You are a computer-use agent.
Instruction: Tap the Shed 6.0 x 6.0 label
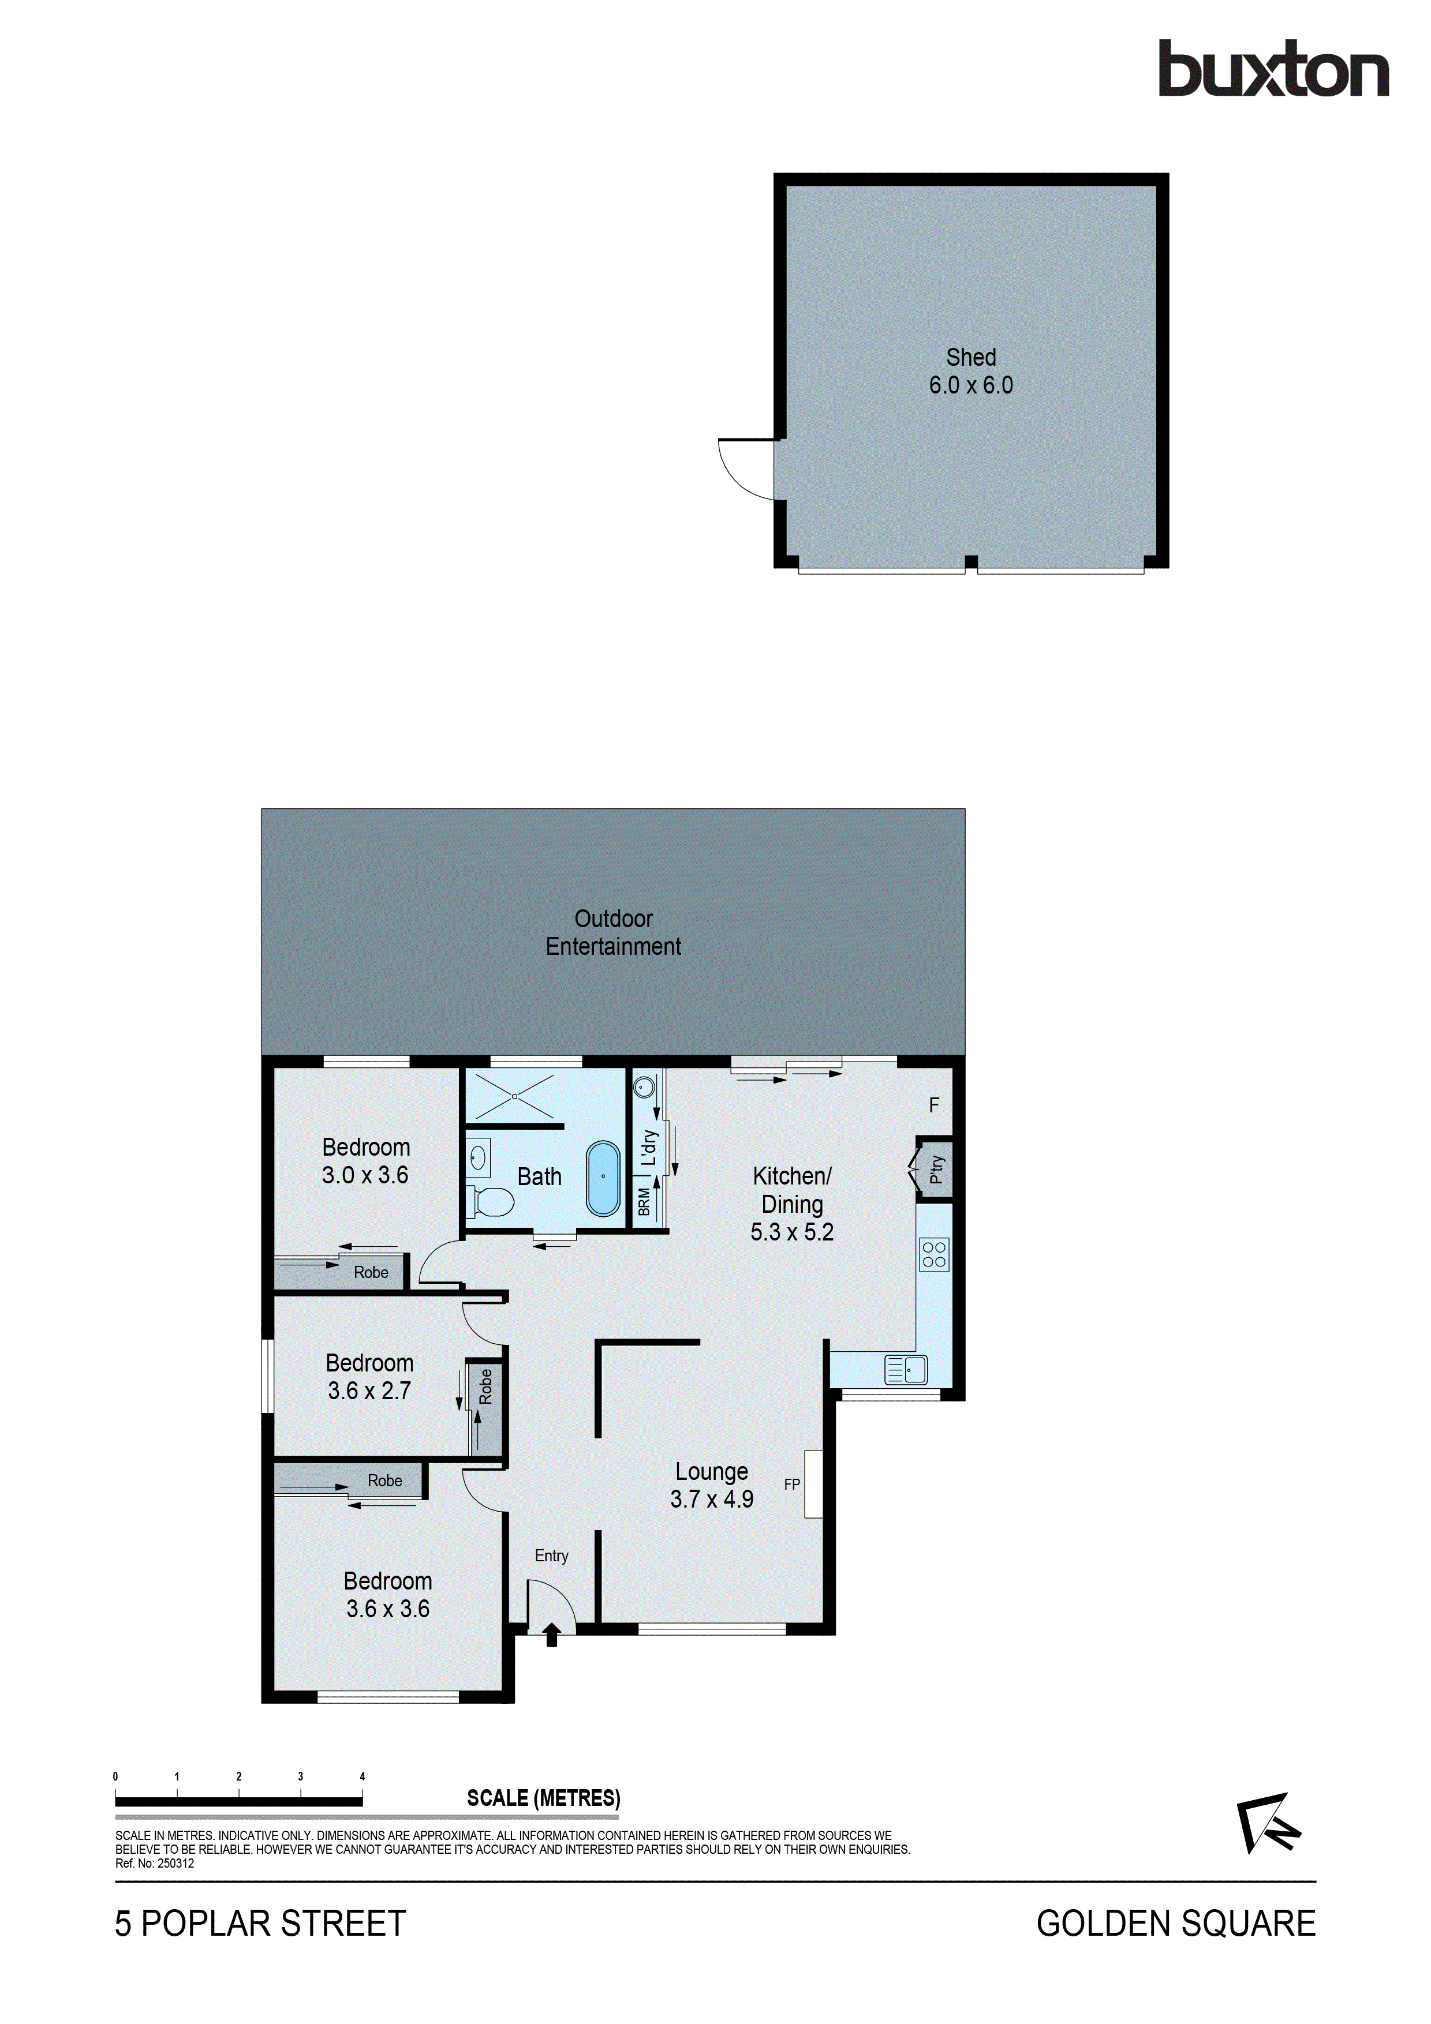[x=971, y=371]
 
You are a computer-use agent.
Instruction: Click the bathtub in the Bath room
[x=603, y=1179]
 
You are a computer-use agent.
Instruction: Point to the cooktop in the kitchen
[x=934, y=1254]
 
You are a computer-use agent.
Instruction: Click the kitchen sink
[x=906, y=1370]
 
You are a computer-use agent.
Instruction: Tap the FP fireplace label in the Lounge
[x=792, y=1485]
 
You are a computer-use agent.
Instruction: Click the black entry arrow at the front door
[x=552, y=1635]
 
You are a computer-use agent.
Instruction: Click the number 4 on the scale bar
[x=363, y=1776]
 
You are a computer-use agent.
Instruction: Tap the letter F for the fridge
[x=934, y=1104]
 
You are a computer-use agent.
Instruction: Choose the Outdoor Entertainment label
[x=614, y=932]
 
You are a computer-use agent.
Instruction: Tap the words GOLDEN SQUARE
[x=1175, y=1924]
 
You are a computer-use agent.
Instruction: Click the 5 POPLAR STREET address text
[x=260, y=1924]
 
